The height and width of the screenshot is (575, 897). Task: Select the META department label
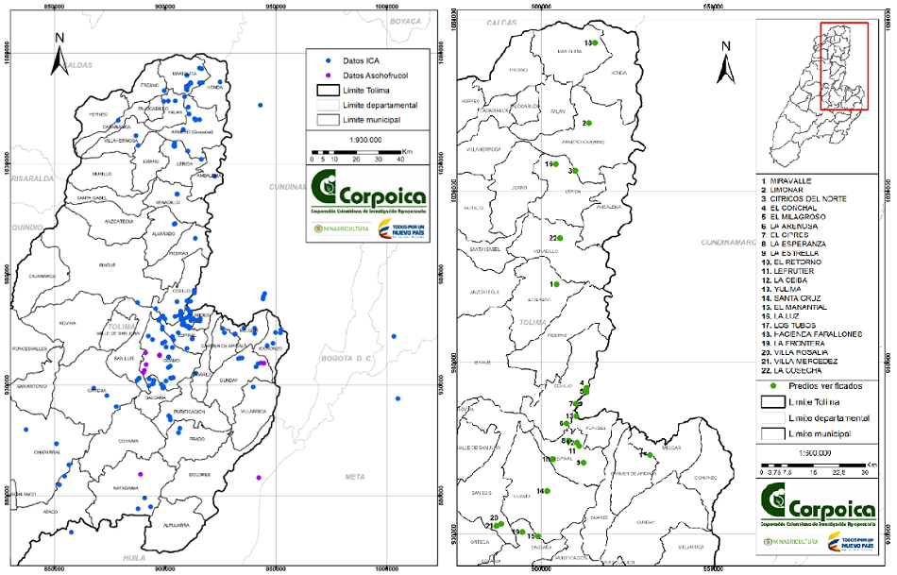354,476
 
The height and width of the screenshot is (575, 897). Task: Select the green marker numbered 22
559,238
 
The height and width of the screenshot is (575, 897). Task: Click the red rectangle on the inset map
843,66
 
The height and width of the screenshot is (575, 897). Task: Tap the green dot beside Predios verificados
773,385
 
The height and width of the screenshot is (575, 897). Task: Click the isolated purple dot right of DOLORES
259,478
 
